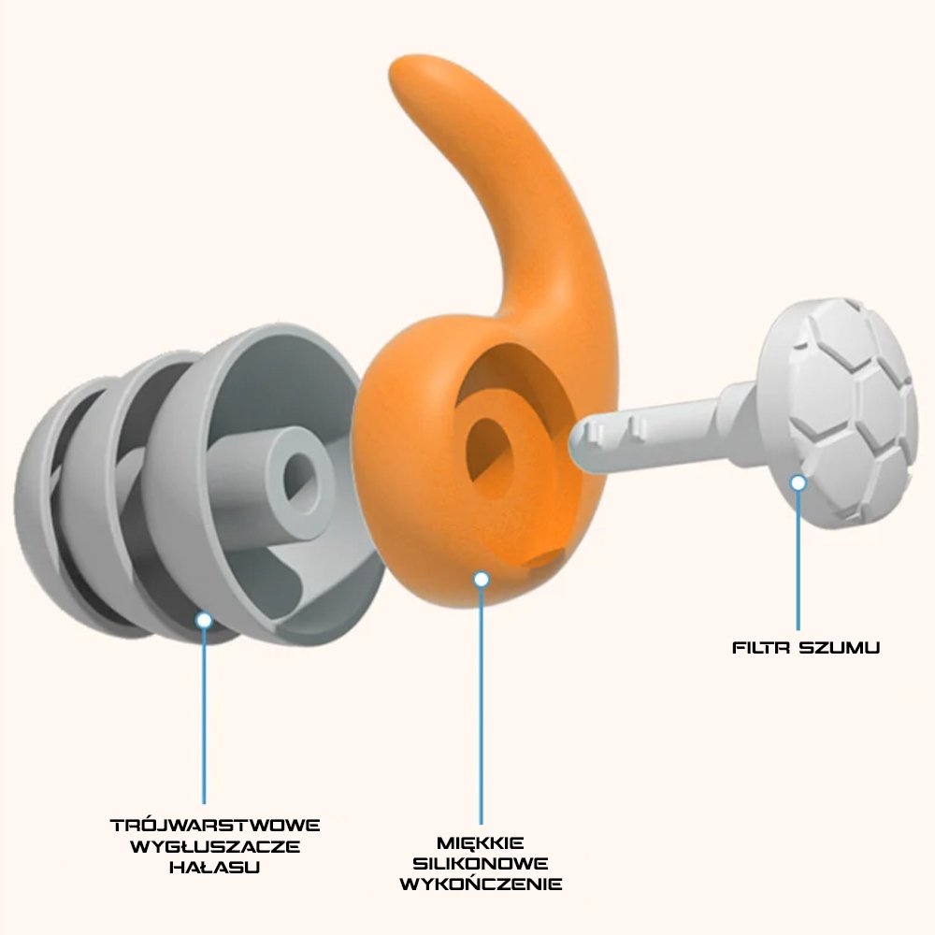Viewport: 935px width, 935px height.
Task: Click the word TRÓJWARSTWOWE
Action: [215, 826]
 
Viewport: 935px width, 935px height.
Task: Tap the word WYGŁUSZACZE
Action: [215, 846]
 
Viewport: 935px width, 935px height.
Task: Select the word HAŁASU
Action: [215, 867]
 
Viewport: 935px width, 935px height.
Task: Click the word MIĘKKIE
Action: [481, 842]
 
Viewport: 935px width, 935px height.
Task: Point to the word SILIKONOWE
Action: [481, 863]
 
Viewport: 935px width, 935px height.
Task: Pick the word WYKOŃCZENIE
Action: [481, 884]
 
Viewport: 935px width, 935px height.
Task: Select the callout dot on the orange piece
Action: [482, 580]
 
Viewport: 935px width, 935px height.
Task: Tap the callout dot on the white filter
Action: [798, 482]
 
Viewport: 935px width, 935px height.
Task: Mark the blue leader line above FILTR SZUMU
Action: [798, 561]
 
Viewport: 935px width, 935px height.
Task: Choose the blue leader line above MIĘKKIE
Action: [482, 701]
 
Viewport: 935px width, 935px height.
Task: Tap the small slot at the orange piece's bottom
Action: [542, 558]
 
